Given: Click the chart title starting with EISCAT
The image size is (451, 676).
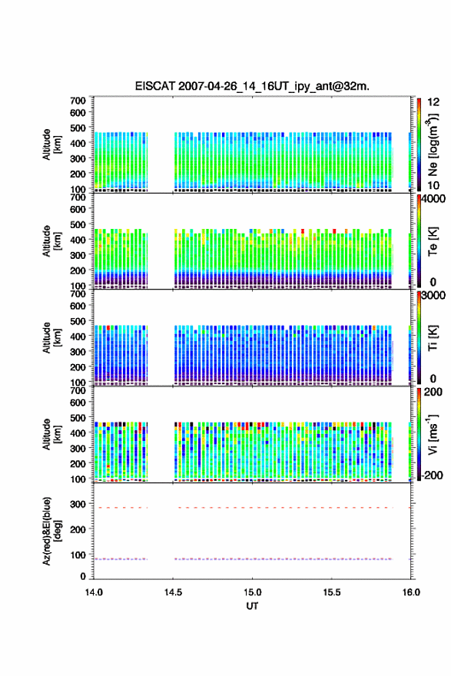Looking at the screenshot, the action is pyautogui.click(x=252, y=86).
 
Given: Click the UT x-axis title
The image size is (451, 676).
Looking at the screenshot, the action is pyautogui.click(x=252, y=606).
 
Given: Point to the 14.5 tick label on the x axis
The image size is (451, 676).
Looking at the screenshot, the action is pyautogui.click(x=173, y=592).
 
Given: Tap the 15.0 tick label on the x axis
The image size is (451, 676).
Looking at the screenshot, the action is pyautogui.click(x=252, y=592).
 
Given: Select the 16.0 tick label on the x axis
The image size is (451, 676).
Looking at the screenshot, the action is pyautogui.click(x=411, y=592).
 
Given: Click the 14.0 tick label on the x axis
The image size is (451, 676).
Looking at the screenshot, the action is pyautogui.click(x=94, y=592).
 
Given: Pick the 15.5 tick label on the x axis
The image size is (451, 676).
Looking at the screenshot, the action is pyautogui.click(x=332, y=592).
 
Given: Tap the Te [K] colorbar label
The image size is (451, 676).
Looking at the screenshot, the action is pyautogui.click(x=433, y=241).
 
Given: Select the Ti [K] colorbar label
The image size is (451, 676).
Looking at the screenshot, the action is pyautogui.click(x=433, y=338).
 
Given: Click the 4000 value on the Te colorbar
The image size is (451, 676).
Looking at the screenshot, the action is pyautogui.click(x=433, y=199).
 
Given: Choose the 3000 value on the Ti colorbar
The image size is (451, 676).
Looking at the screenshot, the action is pyautogui.click(x=433, y=295).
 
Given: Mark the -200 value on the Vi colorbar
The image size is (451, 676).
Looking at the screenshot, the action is pyautogui.click(x=433, y=475).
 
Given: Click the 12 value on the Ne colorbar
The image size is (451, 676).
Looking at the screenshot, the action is pyautogui.click(x=433, y=102).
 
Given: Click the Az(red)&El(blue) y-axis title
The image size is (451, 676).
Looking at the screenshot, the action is pyautogui.click(x=51, y=531).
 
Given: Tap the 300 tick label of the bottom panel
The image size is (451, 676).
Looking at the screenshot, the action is pyautogui.click(x=78, y=504).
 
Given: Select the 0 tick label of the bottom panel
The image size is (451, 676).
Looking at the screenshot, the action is pyautogui.click(x=83, y=576).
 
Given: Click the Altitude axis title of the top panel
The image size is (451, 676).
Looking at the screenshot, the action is pyautogui.click(x=51, y=144).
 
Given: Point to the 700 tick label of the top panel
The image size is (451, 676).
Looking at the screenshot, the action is pyautogui.click(x=78, y=101).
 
